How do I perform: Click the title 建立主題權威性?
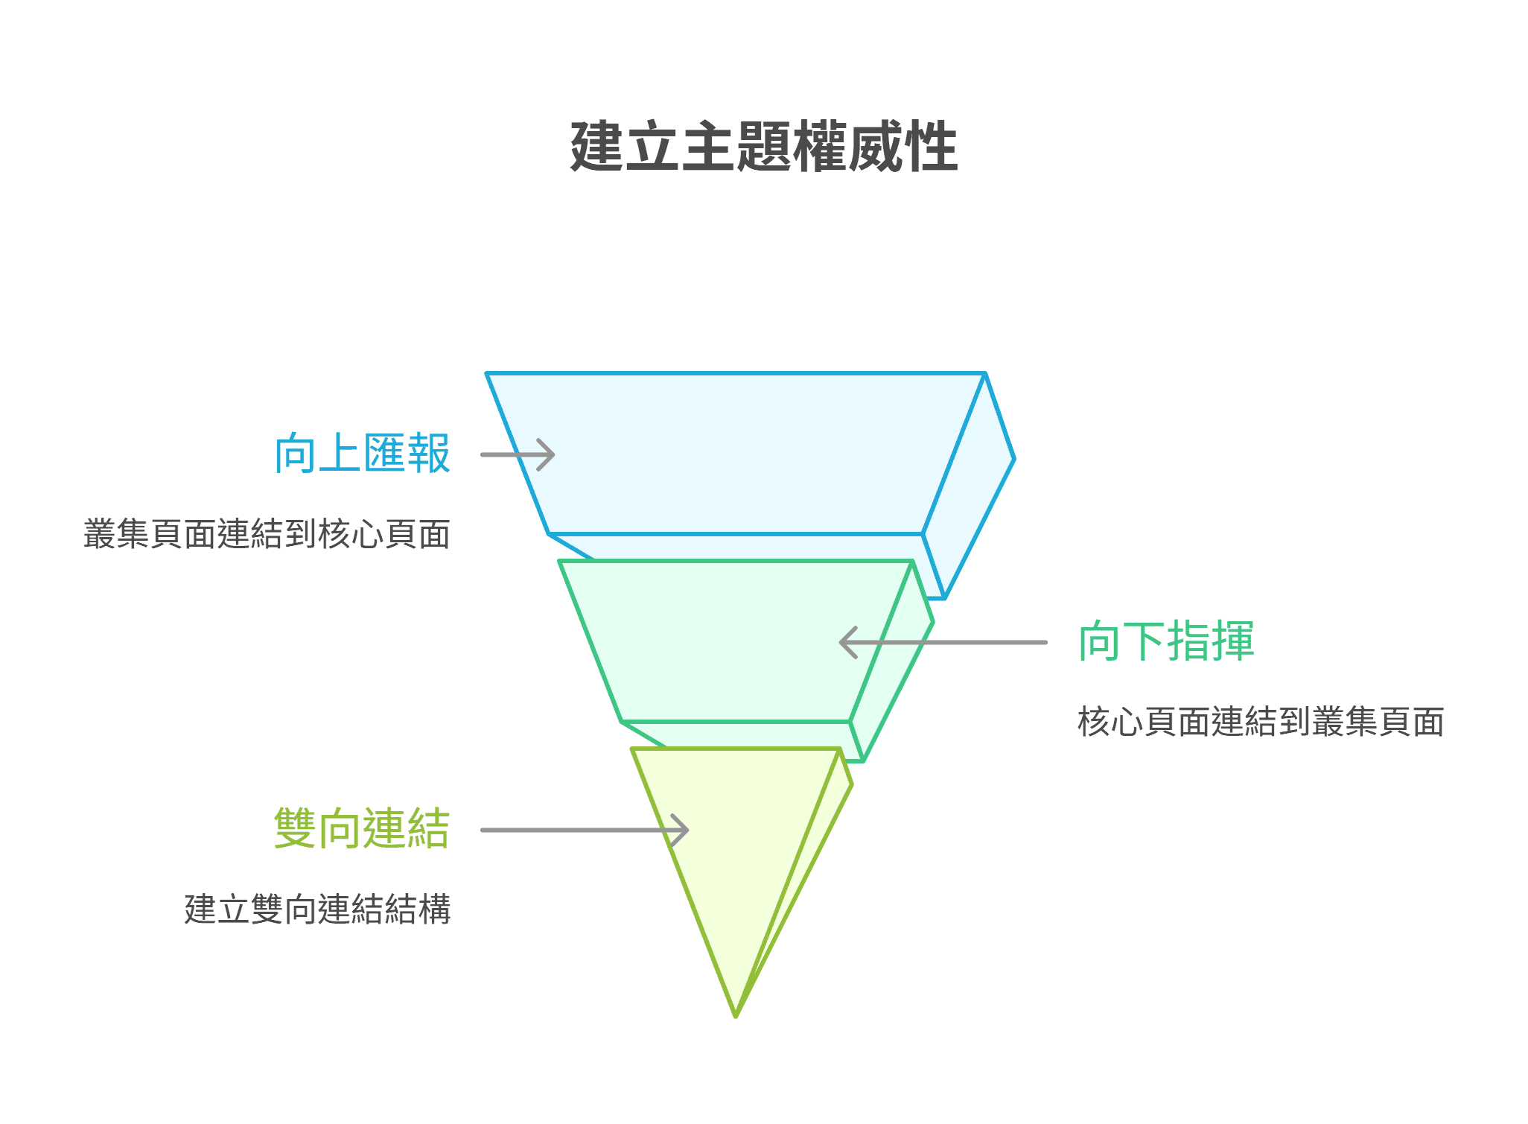tap(763, 147)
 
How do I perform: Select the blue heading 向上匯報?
tap(362, 453)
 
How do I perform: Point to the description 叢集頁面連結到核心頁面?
tap(267, 534)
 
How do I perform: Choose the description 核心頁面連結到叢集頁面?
tap(1261, 722)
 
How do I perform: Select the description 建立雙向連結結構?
tap(318, 909)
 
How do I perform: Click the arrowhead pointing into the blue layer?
tap(550, 454)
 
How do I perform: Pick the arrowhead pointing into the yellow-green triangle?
tap(683, 830)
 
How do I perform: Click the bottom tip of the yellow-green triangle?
tap(736, 1015)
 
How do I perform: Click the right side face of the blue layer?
tap(968, 484)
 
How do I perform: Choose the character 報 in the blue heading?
tap(429, 453)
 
